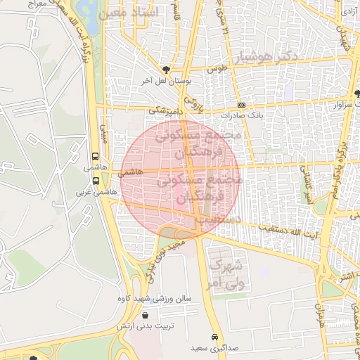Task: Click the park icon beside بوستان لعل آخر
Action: pyautogui.click(x=166, y=69)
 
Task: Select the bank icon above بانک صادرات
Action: pyautogui.click(x=241, y=104)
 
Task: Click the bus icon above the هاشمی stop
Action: pyautogui.click(x=96, y=157)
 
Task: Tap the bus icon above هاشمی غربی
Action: pyautogui.click(x=96, y=180)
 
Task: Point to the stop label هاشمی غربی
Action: pyautogui.click(x=91, y=191)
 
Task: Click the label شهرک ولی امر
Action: pyautogui.click(x=226, y=275)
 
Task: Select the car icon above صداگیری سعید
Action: pyautogui.click(x=214, y=336)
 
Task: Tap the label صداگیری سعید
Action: pyautogui.click(x=214, y=348)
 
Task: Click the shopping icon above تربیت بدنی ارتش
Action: pyautogui.click(x=145, y=315)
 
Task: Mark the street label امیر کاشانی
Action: pyautogui.click(x=306, y=184)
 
